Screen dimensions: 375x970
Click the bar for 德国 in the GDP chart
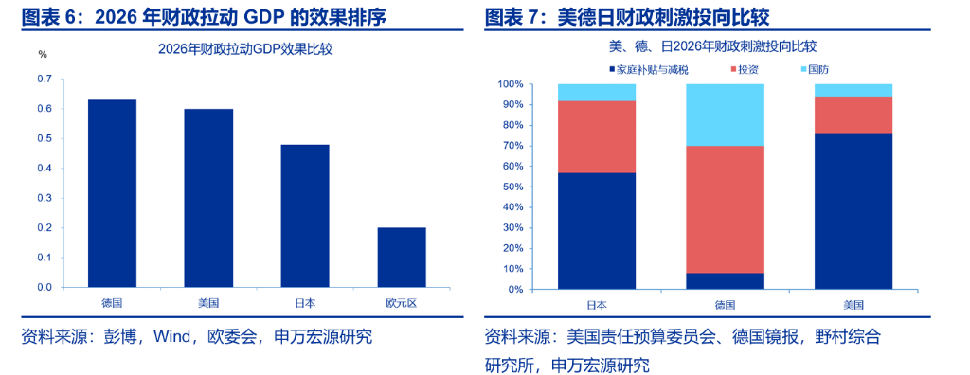click(x=112, y=193)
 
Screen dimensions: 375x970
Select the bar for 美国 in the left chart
click(x=208, y=198)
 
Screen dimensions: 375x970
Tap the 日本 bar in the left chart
click(x=305, y=216)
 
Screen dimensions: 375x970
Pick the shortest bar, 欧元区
click(x=402, y=257)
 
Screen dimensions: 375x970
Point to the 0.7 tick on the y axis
click(x=44, y=79)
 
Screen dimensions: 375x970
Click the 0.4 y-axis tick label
click(x=44, y=168)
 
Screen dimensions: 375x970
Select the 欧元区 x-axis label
click(x=402, y=303)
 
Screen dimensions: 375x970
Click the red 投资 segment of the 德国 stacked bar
click(x=725, y=209)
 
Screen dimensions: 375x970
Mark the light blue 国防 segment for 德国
click(x=725, y=115)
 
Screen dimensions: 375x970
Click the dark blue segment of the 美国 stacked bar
click(x=853, y=210)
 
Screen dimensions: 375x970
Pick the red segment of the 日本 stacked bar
click(x=596, y=136)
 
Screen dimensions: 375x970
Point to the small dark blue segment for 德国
click(x=725, y=280)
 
